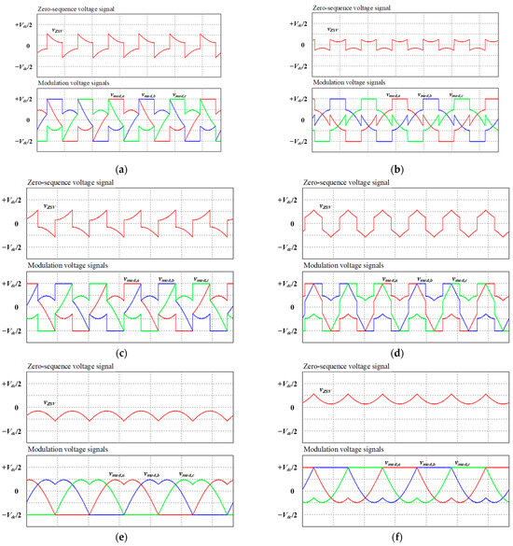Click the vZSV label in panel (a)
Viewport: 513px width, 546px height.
(x=57, y=31)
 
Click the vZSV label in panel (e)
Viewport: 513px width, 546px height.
(x=51, y=402)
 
